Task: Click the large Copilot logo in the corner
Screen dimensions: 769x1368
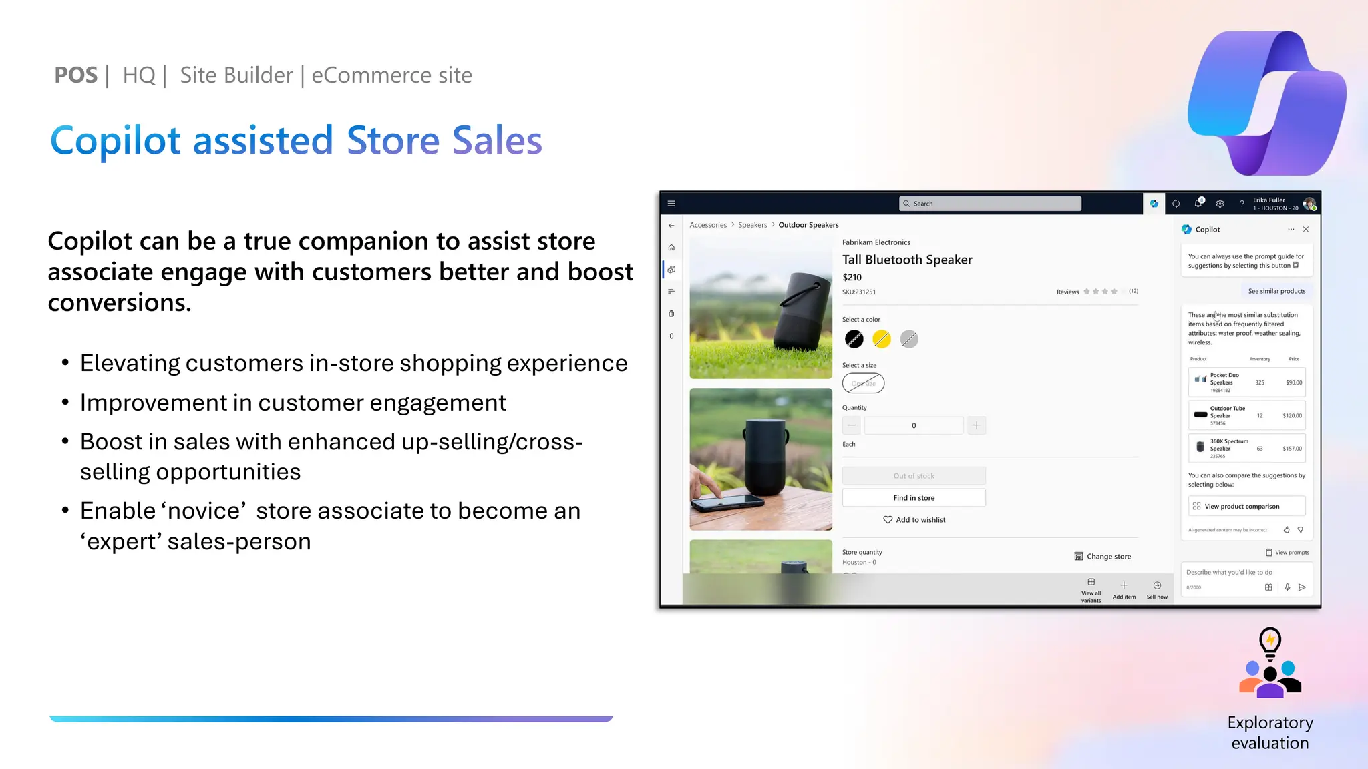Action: (1266, 103)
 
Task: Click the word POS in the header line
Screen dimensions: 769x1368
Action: (75, 75)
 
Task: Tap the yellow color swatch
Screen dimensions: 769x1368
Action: (881, 339)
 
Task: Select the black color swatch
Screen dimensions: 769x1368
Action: (854, 339)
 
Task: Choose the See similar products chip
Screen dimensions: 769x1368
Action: (1276, 291)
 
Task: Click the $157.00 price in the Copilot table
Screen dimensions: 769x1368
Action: (1292, 449)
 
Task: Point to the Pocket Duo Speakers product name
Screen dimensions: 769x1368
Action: (1224, 378)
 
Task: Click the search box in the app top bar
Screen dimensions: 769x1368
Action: (990, 204)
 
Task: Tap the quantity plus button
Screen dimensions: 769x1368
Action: (976, 425)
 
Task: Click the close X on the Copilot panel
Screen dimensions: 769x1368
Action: (1306, 229)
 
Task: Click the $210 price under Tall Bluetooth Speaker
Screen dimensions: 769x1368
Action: (852, 277)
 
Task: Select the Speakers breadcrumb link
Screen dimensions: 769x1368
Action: (752, 225)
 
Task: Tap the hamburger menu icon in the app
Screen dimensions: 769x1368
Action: (671, 204)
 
